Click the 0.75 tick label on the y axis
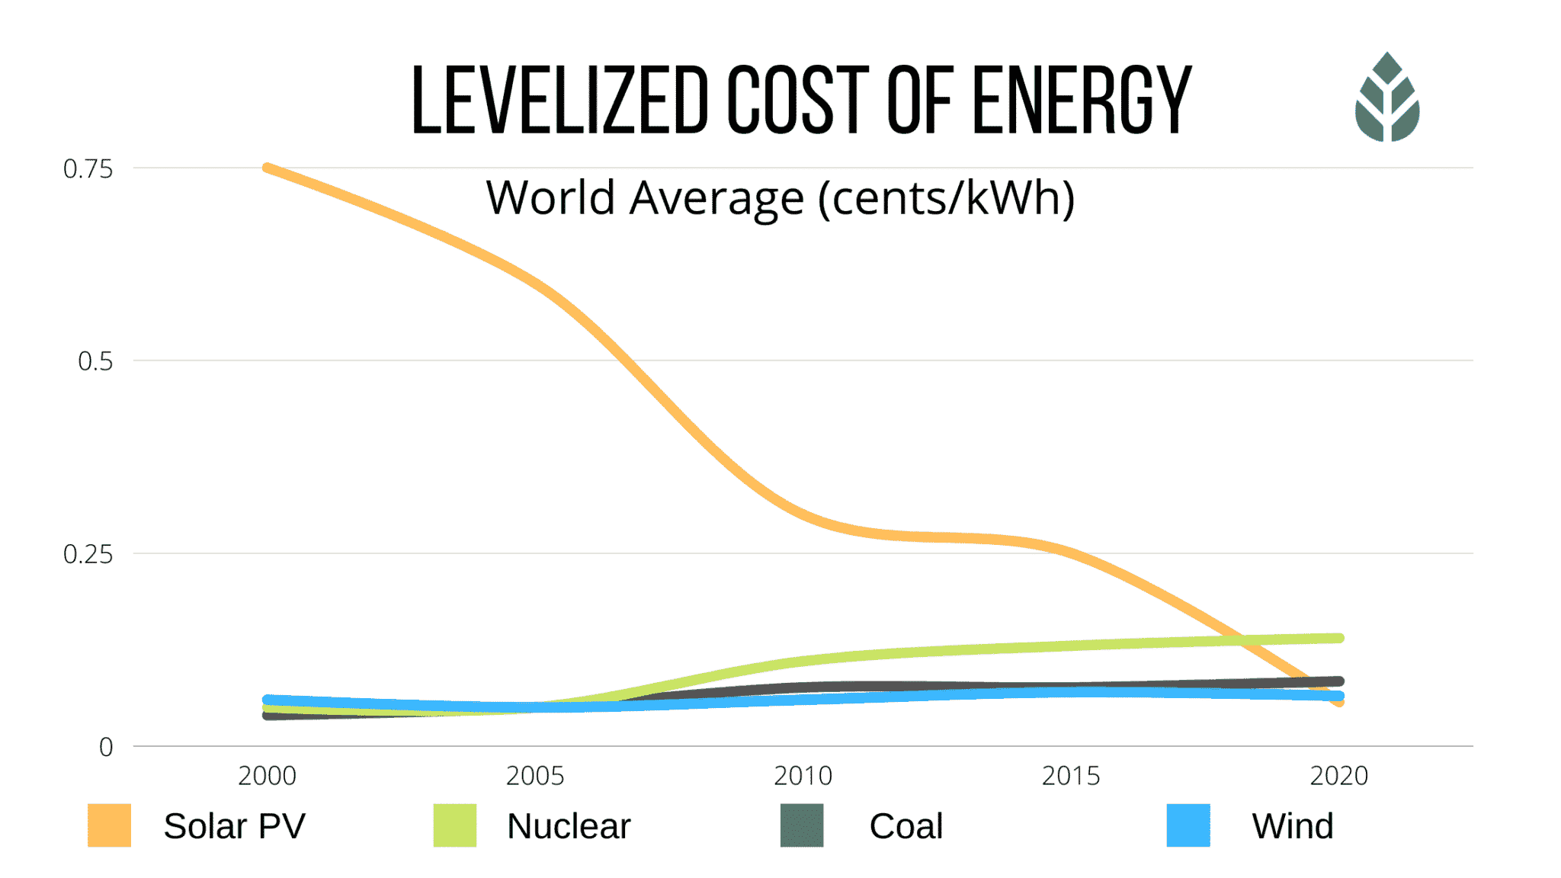coord(88,169)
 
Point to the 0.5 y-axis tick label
coord(95,361)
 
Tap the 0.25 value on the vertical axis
coord(88,554)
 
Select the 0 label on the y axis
coord(106,747)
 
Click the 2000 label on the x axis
coord(267,776)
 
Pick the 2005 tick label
coord(535,776)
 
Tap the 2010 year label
coord(803,776)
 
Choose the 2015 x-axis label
coord(1071,776)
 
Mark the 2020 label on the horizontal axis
coord(1338,776)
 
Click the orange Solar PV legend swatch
coord(109,825)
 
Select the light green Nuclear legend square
coord(455,825)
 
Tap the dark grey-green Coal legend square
coord(802,825)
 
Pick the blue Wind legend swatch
coord(1188,825)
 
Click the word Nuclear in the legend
coord(569,826)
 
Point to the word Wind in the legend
coord(1293,826)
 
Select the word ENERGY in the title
coord(1082,100)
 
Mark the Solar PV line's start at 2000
coord(268,168)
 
